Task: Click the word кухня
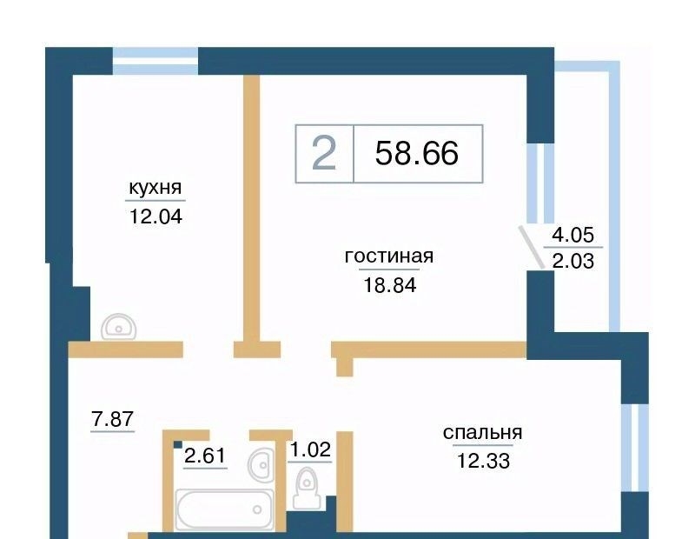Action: click(x=156, y=188)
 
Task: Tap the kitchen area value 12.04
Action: click(x=156, y=217)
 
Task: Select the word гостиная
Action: click(x=388, y=256)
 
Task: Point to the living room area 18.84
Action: click(x=389, y=285)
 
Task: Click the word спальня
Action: click(x=482, y=432)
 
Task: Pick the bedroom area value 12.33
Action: click(x=483, y=461)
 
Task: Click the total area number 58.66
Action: click(x=417, y=153)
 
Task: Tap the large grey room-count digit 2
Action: click(x=324, y=153)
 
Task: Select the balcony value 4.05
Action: click(x=573, y=235)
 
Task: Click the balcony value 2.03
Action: click(x=573, y=262)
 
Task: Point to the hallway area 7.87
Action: click(x=112, y=419)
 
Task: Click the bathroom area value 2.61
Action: click(x=205, y=456)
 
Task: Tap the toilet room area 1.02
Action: click(x=310, y=449)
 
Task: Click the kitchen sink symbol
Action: click(x=118, y=327)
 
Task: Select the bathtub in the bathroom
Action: click(x=225, y=509)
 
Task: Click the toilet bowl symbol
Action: click(x=307, y=489)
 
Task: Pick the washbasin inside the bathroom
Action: click(x=261, y=465)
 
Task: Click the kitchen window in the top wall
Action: click(x=156, y=61)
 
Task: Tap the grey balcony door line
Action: click(x=532, y=247)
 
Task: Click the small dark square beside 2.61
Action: click(x=178, y=444)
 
